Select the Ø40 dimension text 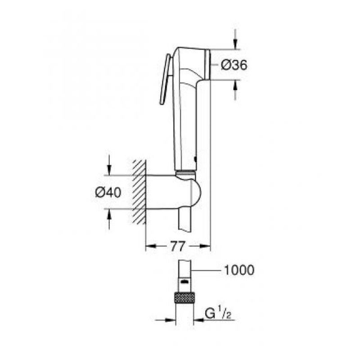coord(108,193)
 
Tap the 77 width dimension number coord(178,246)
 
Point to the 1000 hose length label coord(238,270)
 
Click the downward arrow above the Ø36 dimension coord(235,42)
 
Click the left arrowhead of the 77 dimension coord(150,246)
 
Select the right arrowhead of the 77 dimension coord(205,246)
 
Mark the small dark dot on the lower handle coord(194,159)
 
